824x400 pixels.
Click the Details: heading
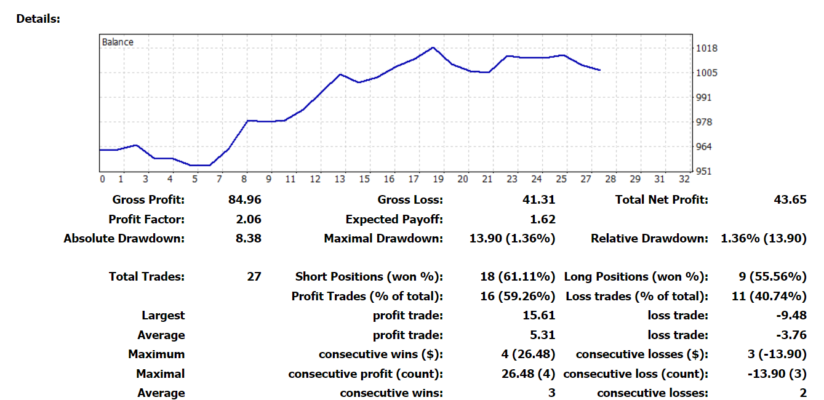coord(38,18)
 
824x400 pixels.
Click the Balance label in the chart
coord(117,42)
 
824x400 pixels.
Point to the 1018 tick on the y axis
coord(706,48)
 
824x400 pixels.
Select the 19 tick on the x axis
coord(438,179)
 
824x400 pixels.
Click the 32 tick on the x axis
coord(684,179)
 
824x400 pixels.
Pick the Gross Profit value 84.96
coord(245,199)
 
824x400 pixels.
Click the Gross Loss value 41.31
coord(538,199)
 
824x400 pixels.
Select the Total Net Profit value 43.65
coord(790,199)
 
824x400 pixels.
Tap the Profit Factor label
coord(146,219)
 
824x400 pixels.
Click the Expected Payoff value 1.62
coord(542,219)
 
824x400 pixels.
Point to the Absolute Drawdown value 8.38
coord(249,238)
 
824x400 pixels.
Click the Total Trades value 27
coord(254,277)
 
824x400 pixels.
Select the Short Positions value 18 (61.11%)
coord(517,277)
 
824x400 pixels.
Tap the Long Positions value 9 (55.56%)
coord(771,277)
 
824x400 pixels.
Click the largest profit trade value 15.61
coord(538,315)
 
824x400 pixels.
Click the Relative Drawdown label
coord(649,238)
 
